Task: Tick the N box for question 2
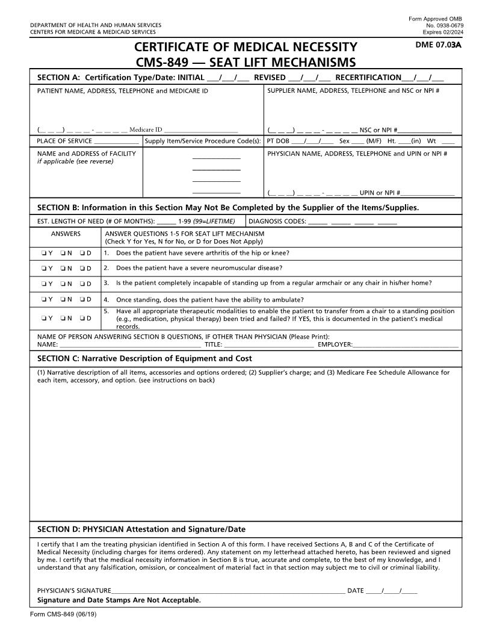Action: point(63,269)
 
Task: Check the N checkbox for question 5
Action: point(63,319)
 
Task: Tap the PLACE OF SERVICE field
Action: point(117,142)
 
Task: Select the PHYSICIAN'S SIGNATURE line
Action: point(228,591)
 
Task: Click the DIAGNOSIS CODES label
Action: point(277,221)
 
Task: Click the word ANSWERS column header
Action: point(66,234)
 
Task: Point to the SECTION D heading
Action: point(141,529)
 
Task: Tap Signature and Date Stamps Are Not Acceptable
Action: point(119,600)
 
